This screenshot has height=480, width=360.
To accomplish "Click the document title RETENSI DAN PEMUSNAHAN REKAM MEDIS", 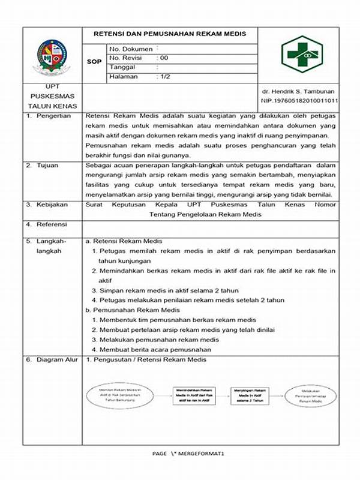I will click(x=169, y=34).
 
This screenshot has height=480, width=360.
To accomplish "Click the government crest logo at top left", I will click(x=53, y=56).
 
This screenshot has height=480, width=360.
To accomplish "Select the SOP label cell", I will click(x=94, y=62).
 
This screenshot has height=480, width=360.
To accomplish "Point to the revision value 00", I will click(x=163, y=57).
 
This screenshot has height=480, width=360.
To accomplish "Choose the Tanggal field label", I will click(x=123, y=67).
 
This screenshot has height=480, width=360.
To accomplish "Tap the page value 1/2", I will click(x=164, y=76).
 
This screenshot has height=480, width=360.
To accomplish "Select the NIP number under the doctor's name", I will click(x=299, y=100).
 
